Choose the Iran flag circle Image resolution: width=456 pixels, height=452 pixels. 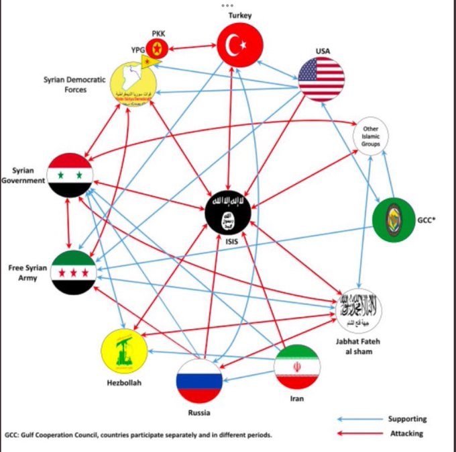coord(297,367)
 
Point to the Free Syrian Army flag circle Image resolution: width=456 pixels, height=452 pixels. coord(72,272)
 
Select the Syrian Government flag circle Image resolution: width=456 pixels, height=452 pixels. coord(70,175)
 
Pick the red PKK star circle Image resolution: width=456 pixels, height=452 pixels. coord(158,48)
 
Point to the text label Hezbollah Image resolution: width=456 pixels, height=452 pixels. coord(122,382)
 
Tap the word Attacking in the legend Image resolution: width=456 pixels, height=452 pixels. coord(406,433)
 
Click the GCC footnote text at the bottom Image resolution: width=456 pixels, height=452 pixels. coord(138,435)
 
